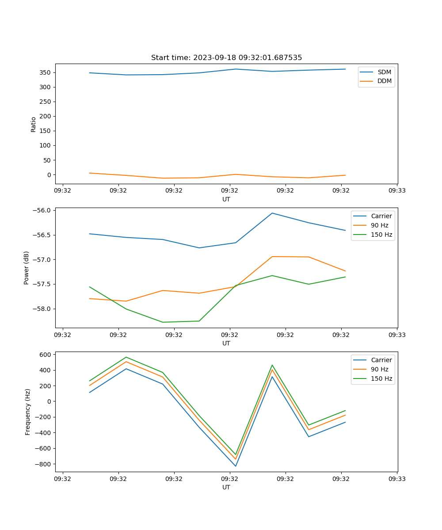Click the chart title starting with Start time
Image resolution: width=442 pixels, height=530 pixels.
pyautogui.click(x=226, y=58)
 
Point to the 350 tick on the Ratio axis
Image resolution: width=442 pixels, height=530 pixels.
pyautogui.click(x=46, y=72)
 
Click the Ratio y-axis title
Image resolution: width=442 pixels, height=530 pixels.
pyautogui.click(x=34, y=124)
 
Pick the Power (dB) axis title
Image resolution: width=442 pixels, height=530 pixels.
pyautogui.click(x=27, y=268)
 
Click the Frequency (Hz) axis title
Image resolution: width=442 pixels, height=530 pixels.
pyautogui.click(x=27, y=412)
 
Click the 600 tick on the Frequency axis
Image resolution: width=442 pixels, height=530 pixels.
pyautogui.click(x=46, y=354)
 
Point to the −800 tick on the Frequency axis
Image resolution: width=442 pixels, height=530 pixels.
pyautogui.click(x=43, y=464)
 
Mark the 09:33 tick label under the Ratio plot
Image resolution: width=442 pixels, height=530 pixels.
pyautogui.click(x=397, y=191)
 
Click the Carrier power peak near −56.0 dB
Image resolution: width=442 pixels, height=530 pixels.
pyautogui.click(x=272, y=213)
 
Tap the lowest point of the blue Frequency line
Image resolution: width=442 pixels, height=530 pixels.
pyautogui.click(x=236, y=466)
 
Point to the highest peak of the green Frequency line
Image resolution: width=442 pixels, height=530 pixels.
pyautogui.click(x=126, y=357)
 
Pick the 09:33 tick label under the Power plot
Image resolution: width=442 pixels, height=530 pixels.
pyautogui.click(x=397, y=335)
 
